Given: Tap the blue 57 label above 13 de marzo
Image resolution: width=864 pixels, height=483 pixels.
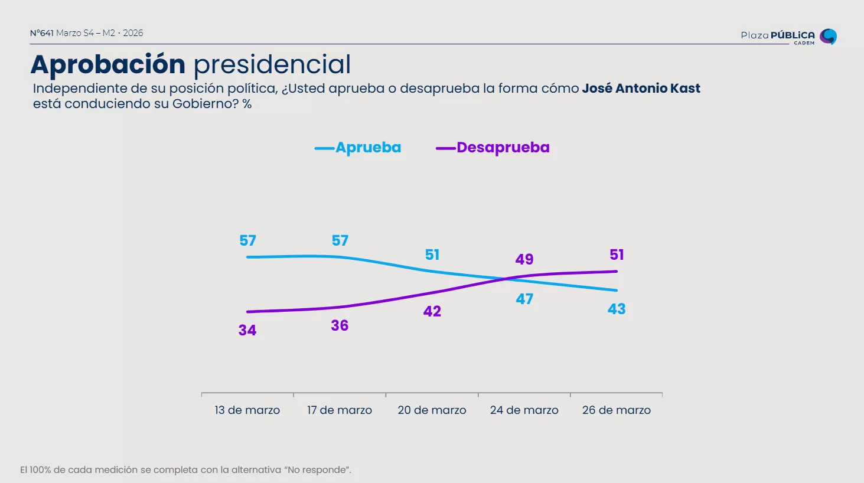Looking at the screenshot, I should coord(247,241).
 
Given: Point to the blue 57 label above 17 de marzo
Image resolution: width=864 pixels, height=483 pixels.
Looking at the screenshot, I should coord(340,241).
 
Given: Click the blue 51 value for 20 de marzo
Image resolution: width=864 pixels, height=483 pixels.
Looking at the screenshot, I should coord(432,255).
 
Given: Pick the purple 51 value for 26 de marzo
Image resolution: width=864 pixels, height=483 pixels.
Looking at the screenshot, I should coord(617,255).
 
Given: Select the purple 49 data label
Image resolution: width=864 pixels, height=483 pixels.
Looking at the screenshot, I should coord(524,260).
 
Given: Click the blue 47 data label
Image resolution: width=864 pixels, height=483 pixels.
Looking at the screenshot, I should coord(524,299).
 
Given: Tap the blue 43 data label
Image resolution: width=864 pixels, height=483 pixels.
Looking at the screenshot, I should coord(617,309).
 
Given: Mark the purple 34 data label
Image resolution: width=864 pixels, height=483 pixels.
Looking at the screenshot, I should coord(247,331).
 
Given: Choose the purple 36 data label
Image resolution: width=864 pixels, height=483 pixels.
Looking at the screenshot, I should coord(340,326).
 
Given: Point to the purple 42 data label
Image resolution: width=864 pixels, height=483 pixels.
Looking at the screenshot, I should coord(432,312).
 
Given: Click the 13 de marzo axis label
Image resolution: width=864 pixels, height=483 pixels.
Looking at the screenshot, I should coord(247,410).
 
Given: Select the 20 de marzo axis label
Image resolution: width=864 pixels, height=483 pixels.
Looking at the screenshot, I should coord(432,410).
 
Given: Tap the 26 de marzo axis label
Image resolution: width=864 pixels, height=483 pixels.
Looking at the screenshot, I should coord(616,410).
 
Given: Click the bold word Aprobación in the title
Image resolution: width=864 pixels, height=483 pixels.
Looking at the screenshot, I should coord(108,64).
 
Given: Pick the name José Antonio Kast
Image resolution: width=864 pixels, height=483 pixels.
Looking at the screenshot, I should coord(641,89).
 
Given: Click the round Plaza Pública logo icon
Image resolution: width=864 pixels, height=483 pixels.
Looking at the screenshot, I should coord(828,37).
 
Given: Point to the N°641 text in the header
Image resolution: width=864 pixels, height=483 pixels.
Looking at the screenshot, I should coord(42,33).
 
